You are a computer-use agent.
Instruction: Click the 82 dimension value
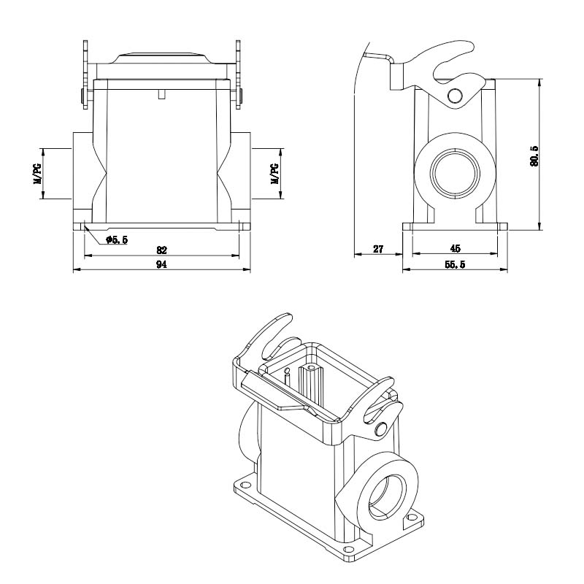161,250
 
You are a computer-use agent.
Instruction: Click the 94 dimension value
161,264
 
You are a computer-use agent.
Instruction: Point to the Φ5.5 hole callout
117,240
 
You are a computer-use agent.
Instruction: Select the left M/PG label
37,174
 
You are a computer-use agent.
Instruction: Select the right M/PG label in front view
274,174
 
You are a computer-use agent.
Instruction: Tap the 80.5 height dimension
534,155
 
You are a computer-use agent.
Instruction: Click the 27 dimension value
378,249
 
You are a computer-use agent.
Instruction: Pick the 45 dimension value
455,248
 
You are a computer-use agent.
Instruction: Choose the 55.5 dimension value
455,264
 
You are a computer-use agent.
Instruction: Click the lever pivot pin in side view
454,96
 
